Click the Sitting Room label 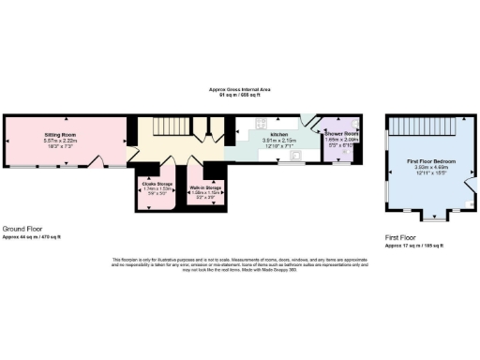(59, 134)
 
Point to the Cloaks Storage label (157, 183)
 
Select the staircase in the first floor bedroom (427, 126)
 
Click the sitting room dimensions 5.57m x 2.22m (59, 141)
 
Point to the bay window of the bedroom (433, 217)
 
